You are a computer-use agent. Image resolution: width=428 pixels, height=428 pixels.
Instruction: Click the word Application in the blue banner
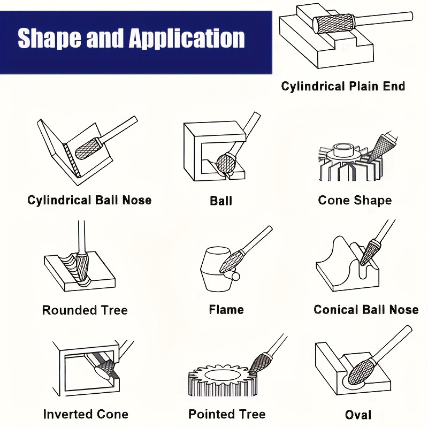pyautogui.click(x=187, y=39)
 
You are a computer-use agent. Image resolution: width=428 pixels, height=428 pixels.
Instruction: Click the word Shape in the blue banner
pyautogui.click(x=49, y=38)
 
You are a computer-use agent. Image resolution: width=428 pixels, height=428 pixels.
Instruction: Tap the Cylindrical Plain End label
pyautogui.click(x=343, y=86)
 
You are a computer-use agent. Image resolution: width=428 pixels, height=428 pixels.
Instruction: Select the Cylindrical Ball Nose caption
pyautogui.click(x=89, y=200)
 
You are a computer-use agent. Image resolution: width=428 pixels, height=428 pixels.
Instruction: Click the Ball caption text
pyautogui.click(x=221, y=201)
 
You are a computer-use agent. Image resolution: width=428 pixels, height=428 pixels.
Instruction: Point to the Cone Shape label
pyautogui.click(x=355, y=200)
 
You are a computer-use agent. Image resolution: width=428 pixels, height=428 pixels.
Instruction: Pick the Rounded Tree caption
pyautogui.click(x=85, y=310)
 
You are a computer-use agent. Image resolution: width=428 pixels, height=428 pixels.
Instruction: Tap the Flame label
pyautogui.click(x=226, y=310)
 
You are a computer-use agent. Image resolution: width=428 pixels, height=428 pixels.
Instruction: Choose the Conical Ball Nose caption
pyautogui.click(x=366, y=310)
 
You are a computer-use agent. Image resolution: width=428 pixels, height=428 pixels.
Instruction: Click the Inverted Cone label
pyautogui.click(x=86, y=414)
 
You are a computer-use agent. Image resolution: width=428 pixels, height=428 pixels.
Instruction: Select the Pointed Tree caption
pyautogui.click(x=227, y=414)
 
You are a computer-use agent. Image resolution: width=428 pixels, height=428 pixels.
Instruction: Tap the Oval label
pyautogui.click(x=358, y=415)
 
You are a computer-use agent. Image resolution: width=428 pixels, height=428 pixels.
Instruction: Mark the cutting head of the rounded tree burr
pyautogui.click(x=81, y=269)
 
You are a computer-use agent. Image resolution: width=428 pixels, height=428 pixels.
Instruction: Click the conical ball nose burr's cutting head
pyautogui.click(x=369, y=252)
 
